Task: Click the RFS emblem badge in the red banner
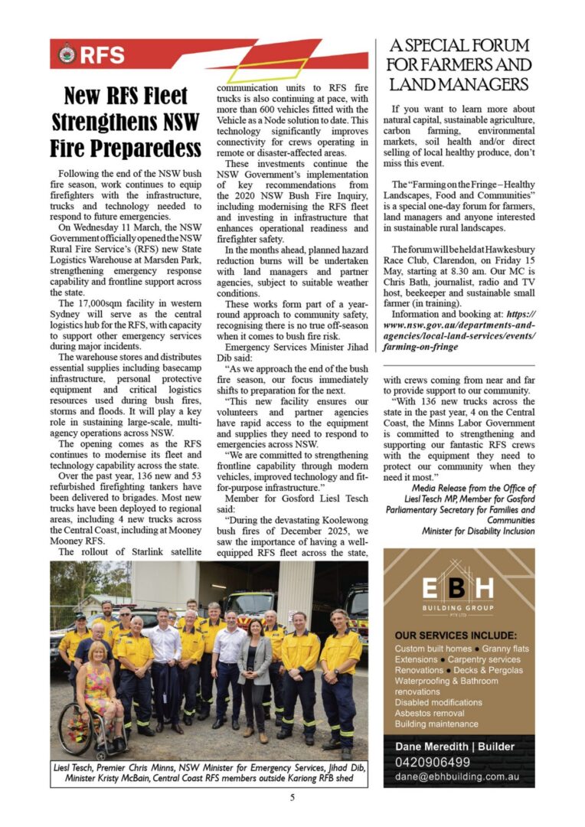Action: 67,54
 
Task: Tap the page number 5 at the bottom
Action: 292,798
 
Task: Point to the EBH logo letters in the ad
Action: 459,589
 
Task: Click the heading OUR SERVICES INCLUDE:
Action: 456,635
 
